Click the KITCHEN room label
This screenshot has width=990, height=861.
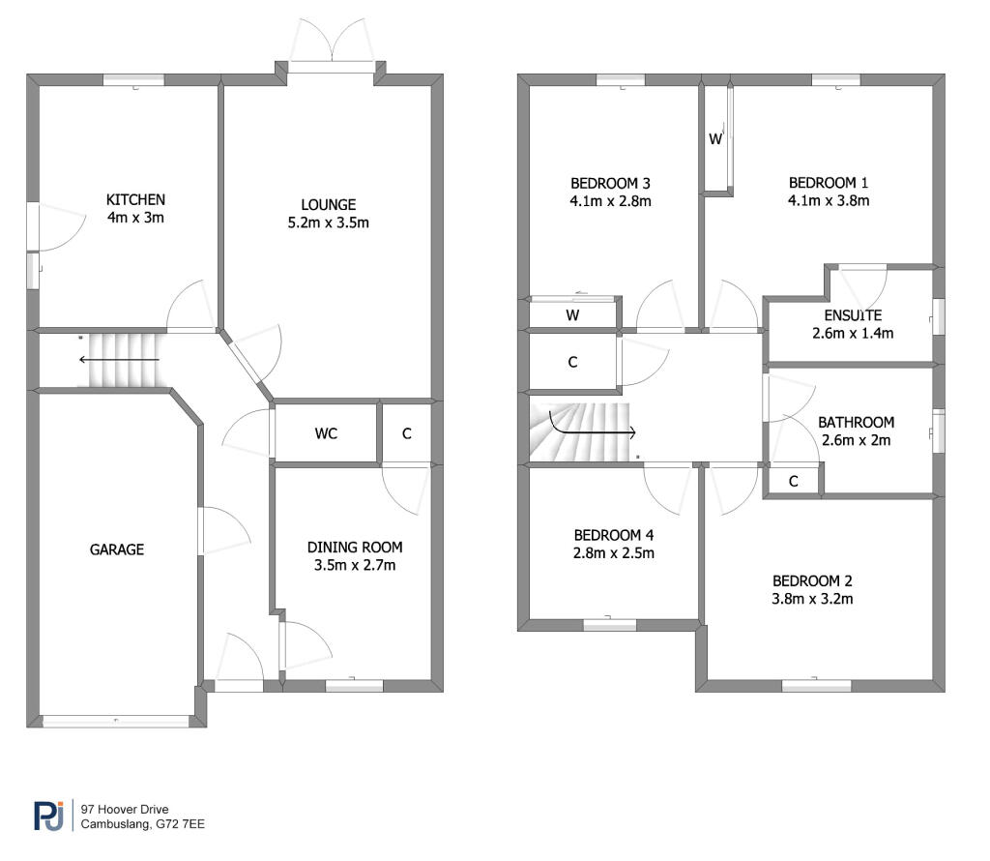click(x=135, y=199)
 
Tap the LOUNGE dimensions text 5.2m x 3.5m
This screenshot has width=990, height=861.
click(x=329, y=223)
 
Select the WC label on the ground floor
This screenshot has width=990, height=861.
click(x=326, y=433)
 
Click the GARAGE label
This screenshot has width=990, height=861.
click(x=117, y=549)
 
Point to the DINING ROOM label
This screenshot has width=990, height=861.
click(x=355, y=547)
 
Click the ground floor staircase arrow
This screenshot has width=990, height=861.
click(x=119, y=360)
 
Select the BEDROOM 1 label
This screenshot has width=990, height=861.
click(x=829, y=183)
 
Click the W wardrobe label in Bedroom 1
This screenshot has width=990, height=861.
click(x=714, y=139)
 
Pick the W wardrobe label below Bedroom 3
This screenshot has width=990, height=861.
click(x=572, y=315)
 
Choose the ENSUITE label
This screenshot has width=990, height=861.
click(x=853, y=315)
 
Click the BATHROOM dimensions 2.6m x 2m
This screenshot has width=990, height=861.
click(x=857, y=440)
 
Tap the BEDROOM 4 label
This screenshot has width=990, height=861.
click(x=614, y=535)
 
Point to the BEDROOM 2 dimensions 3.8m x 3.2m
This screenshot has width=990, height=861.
click(x=812, y=599)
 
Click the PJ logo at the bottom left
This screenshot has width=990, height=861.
click(x=48, y=816)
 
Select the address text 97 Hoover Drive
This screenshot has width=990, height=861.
click(x=125, y=809)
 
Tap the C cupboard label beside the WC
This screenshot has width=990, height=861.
click(x=407, y=433)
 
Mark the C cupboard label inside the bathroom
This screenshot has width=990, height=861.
click(x=794, y=482)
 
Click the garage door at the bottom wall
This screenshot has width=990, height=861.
click(x=116, y=721)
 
